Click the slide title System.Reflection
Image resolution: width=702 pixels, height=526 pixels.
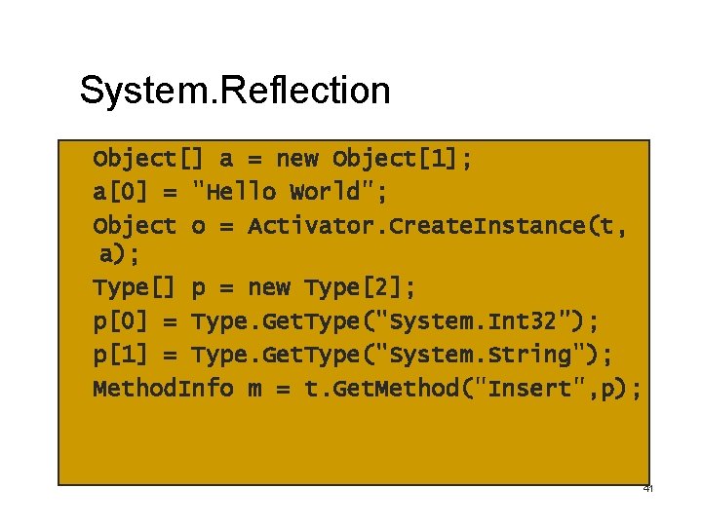pos(235,91)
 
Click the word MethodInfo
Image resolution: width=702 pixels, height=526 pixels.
pos(163,388)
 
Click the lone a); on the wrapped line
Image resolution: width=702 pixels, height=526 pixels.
pos(119,255)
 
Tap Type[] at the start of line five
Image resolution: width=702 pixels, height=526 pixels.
pos(134,288)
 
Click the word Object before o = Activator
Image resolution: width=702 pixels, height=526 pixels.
pos(135,225)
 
